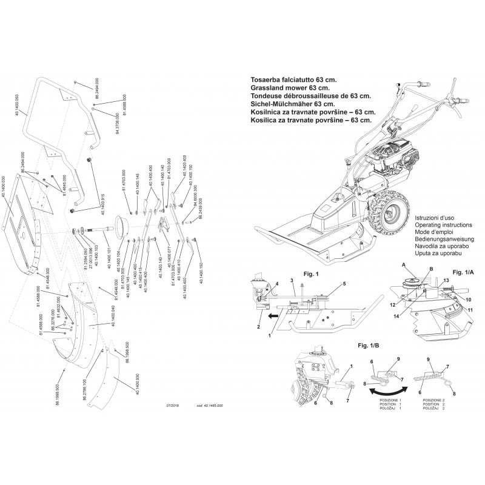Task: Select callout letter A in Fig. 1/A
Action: click(x=402, y=264)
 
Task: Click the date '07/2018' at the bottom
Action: click(x=173, y=404)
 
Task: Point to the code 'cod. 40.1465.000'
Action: click(x=210, y=404)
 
